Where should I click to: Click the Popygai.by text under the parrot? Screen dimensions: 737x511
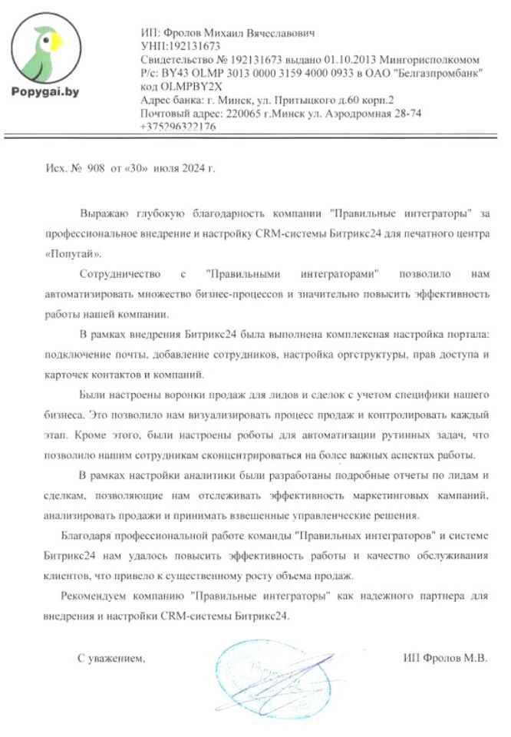tap(43, 91)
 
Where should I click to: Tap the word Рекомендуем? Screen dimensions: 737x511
tap(93, 595)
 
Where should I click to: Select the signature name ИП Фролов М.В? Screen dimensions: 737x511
tap(445, 657)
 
